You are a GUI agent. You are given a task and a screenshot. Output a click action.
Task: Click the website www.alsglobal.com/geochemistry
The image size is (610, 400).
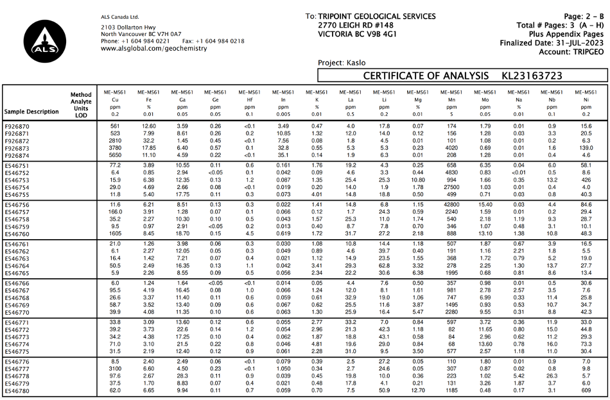coord(154,49)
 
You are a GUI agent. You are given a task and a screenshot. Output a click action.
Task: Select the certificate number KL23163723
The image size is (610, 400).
coord(533,76)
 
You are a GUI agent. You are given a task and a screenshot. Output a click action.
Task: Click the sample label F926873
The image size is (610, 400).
coord(17,148)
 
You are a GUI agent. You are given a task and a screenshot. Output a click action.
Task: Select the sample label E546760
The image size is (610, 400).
coord(17,234)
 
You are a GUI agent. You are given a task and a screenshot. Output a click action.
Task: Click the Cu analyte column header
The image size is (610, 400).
coord(116,101)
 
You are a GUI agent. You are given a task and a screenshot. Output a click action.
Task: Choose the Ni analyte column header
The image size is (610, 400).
coord(585,101)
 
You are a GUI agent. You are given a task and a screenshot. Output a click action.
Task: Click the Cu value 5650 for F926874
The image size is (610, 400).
coord(116,155)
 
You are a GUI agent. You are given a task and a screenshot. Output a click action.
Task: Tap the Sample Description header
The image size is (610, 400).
coord(31,111)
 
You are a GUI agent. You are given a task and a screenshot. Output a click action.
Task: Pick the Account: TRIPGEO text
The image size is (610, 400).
coord(571,51)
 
